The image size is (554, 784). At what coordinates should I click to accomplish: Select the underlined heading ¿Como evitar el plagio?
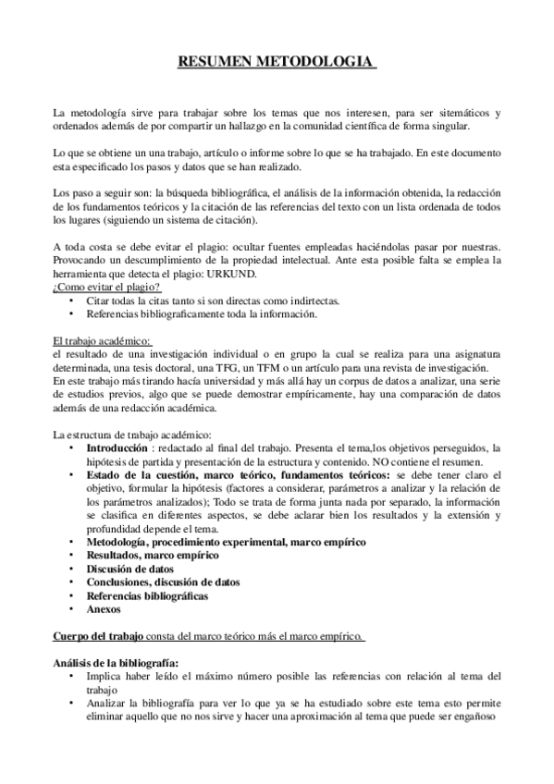107,288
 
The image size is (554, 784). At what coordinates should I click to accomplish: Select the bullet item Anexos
104,610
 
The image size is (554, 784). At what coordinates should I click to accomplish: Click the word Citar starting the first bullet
98,300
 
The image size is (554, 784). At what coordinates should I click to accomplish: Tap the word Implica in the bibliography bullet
103,677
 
